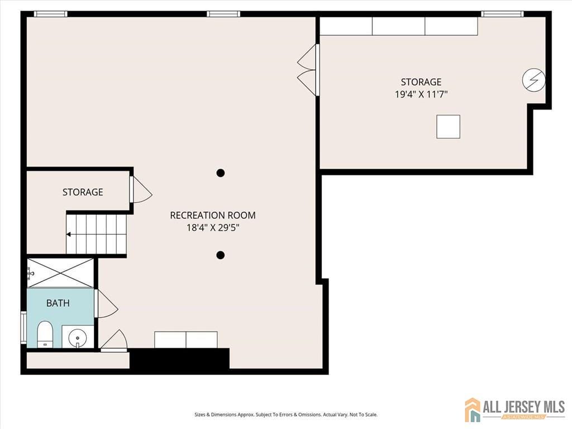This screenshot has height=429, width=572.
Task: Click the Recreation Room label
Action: (213, 215)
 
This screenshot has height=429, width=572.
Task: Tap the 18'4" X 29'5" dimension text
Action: (213, 228)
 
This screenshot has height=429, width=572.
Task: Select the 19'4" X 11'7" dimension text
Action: (421, 94)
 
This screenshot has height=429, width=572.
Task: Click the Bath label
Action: (58, 303)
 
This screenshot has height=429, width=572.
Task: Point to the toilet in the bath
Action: (45, 334)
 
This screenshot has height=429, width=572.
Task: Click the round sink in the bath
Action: (78, 337)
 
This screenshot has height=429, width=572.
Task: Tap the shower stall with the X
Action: (60, 273)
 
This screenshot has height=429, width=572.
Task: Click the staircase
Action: (96, 234)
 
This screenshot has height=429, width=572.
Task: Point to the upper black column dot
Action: (221, 173)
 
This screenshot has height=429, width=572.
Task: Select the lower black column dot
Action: (221, 255)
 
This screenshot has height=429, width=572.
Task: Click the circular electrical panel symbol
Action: (533, 80)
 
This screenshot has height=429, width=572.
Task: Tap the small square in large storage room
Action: (448, 126)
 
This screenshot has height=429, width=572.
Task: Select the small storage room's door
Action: (140, 190)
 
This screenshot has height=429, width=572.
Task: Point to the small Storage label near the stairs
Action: (83, 192)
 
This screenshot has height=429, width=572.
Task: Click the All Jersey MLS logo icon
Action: (473, 409)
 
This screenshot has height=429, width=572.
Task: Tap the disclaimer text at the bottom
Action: (285, 414)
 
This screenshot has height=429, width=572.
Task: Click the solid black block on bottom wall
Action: (179, 359)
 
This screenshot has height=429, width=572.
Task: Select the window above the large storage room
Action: (502, 14)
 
